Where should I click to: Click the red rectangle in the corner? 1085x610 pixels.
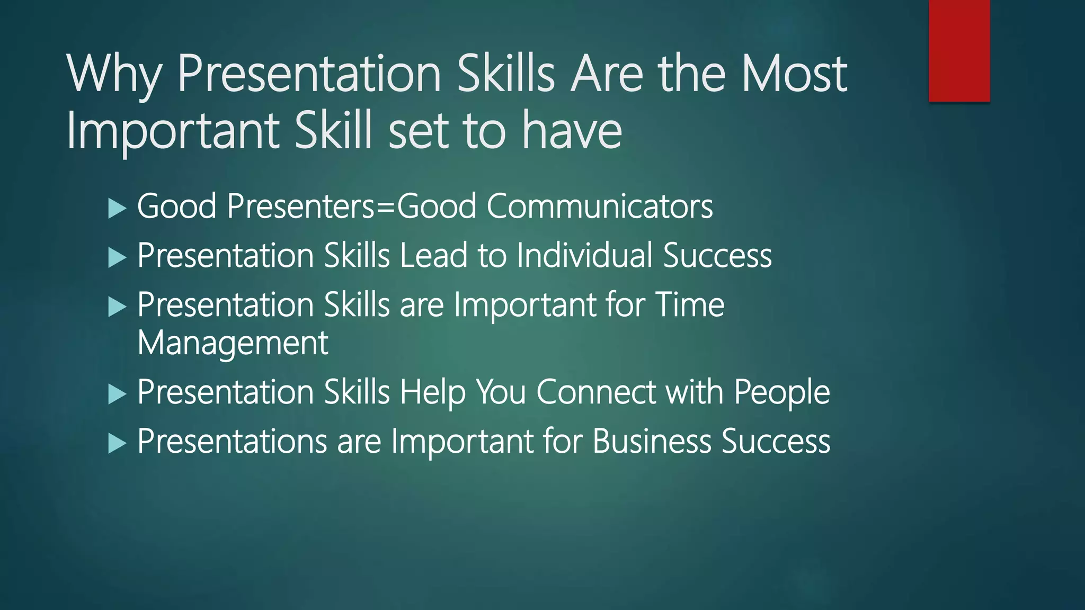(959, 50)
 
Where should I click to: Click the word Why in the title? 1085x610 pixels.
(113, 75)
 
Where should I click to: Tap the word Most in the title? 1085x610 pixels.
(794, 74)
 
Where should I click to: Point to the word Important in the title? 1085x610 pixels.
(173, 132)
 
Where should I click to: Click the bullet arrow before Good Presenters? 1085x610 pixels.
(117, 208)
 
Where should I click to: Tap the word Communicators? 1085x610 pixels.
(600, 206)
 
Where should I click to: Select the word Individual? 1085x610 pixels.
(584, 255)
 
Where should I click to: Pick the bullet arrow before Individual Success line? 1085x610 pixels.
(117, 257)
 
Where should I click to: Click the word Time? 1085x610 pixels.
(690, 305)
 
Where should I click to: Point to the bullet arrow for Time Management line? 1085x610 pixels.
(117, 307)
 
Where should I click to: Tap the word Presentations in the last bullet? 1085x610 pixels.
(232, 441)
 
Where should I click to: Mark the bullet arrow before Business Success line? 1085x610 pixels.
(117, 443)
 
